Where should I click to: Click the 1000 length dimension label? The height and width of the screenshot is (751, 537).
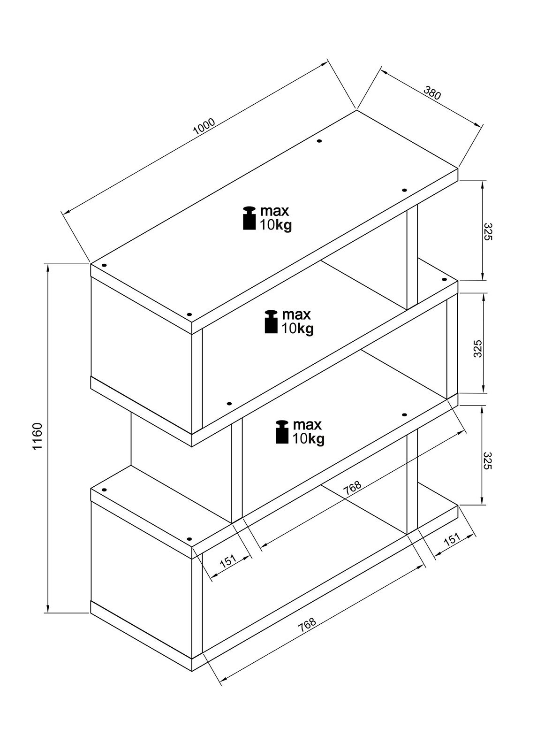204,126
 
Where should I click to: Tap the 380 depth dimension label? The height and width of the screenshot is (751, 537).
432,93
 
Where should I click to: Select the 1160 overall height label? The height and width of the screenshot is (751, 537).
38,436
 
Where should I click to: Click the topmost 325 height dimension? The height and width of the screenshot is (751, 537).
487,232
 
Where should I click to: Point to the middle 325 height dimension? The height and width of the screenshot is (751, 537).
478,348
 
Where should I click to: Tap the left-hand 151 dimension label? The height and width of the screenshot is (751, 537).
228,560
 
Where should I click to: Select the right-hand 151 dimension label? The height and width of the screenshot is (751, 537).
452,539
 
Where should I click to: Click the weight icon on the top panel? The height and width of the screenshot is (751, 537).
249,218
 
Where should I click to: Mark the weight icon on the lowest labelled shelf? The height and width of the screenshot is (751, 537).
282,432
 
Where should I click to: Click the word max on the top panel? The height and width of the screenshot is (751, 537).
275,211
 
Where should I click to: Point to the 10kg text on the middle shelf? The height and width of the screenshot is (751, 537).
297,329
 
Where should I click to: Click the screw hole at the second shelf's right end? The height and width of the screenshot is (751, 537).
444,279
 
